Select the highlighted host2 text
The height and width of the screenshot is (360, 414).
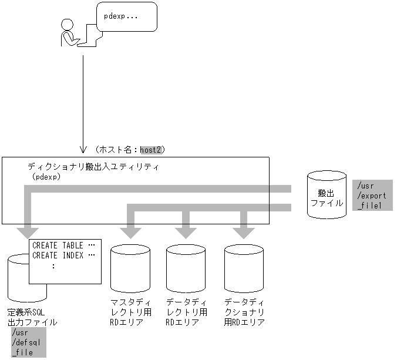pyautogui.click(x=152, y=150)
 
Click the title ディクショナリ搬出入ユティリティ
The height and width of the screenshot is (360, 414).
pyautogui.click(x=94, y=167)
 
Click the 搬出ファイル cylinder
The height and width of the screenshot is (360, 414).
pyautogui.click(x=326, y=195)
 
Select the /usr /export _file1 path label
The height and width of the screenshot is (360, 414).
pyautogui.click(x=372, y=195)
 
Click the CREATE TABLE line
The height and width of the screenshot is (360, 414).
pyautogui.click(x=63, y=245)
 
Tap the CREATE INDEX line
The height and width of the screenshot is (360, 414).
pyautogui.click(x=63, y=255)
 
